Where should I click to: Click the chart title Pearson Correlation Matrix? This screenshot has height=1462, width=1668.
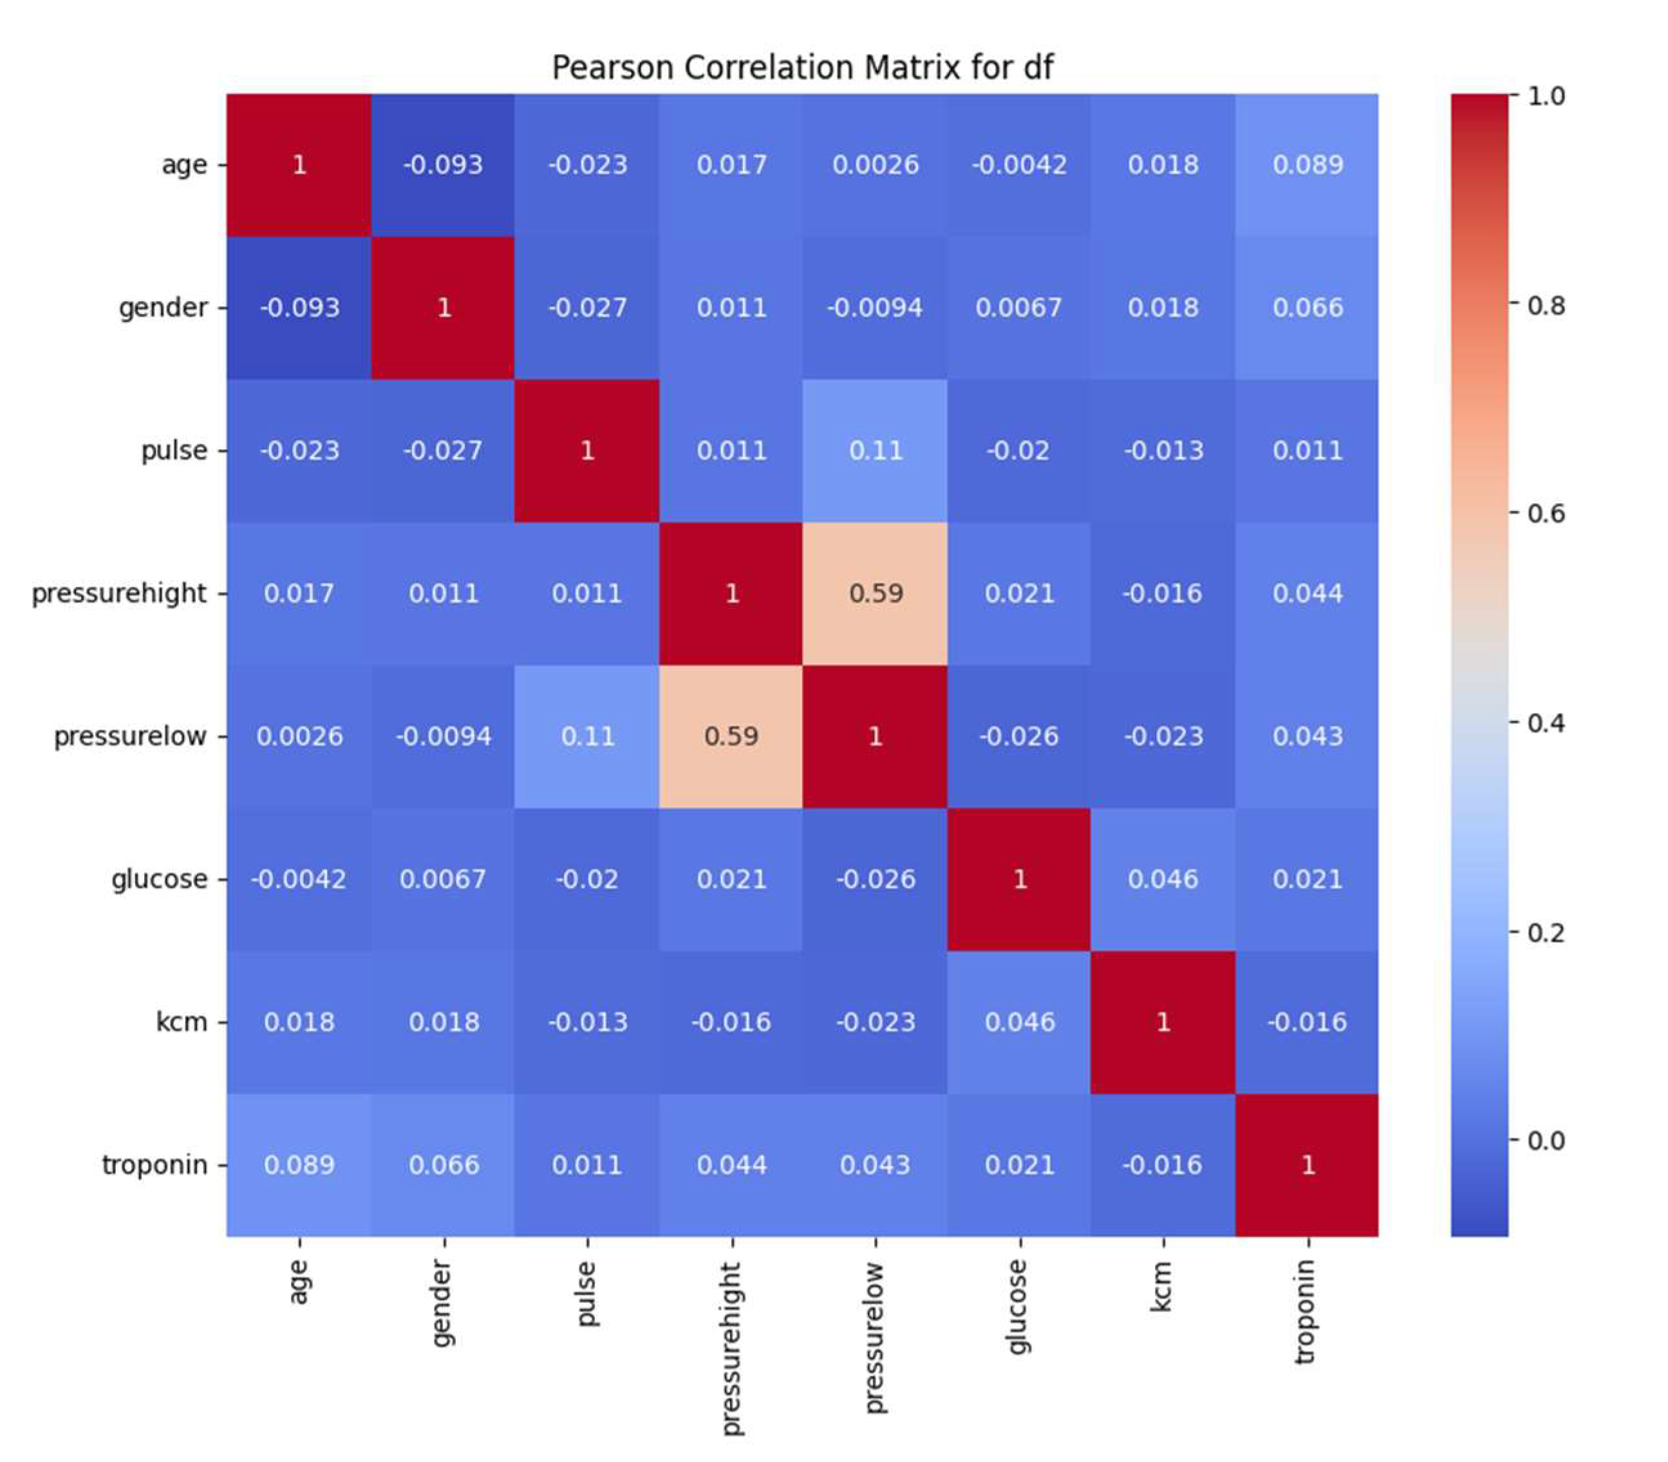click(802, 67)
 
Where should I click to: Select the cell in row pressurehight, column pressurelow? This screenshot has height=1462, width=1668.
click(875, 593)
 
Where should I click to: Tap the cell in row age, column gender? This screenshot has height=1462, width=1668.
click(443, 165)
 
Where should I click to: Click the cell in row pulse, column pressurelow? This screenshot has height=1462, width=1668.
click(875, 450)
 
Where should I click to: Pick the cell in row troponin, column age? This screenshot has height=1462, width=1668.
click(299, 1164)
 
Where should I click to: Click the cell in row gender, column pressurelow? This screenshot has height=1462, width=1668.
click(875, 308)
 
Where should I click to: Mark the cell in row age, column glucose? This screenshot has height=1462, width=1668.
click(1019, 165)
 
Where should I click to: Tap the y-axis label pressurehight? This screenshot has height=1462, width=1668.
click(119, 593)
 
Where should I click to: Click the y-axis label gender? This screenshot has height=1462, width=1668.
click(164, 308)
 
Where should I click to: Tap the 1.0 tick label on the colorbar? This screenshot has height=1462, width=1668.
click(1546, 97)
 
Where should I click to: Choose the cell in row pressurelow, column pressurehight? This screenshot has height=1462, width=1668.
click(731, 736)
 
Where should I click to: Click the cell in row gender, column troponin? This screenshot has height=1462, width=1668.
click(1306, 308)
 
